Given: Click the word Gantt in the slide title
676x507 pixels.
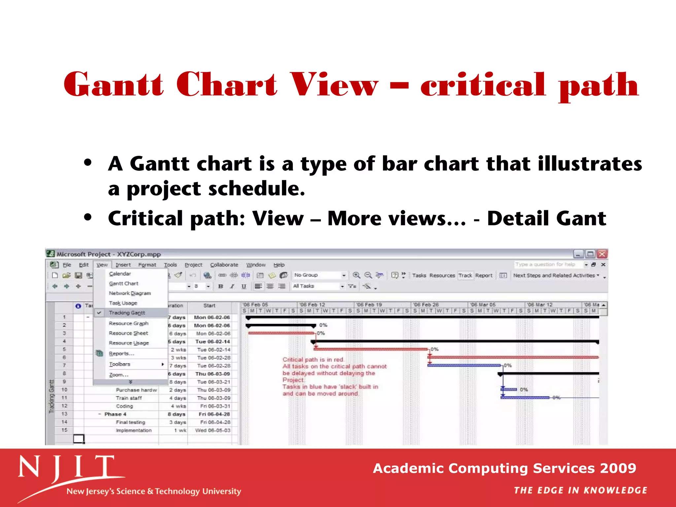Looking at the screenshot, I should pos(114,85).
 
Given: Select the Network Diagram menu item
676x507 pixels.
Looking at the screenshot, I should pos(130,293).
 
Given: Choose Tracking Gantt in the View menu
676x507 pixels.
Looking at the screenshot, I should pos(127,313).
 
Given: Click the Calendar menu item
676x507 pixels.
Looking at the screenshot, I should pos(120,274).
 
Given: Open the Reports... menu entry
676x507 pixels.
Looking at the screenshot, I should pos(121,354).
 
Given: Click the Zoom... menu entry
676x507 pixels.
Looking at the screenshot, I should pos(118,375).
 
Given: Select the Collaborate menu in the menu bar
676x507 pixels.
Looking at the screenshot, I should pos(224,265).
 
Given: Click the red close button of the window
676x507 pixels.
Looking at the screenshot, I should pos(602,254).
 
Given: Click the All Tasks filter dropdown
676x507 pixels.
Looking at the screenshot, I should pos(318,286).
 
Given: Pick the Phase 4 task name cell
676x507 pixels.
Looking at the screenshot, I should pos(115,414).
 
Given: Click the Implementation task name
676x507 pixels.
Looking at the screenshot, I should pos(133,430).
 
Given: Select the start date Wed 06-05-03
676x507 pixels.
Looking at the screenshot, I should pos(213,430).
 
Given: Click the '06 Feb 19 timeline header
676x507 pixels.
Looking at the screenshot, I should pos(369,305).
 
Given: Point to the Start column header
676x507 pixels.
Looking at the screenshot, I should pos(209,306).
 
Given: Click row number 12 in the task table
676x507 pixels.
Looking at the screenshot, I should pos(64,406).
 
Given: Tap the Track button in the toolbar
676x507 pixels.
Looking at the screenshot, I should pos(465,275).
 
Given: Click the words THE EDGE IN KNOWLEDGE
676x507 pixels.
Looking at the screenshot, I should pos(580,490).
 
